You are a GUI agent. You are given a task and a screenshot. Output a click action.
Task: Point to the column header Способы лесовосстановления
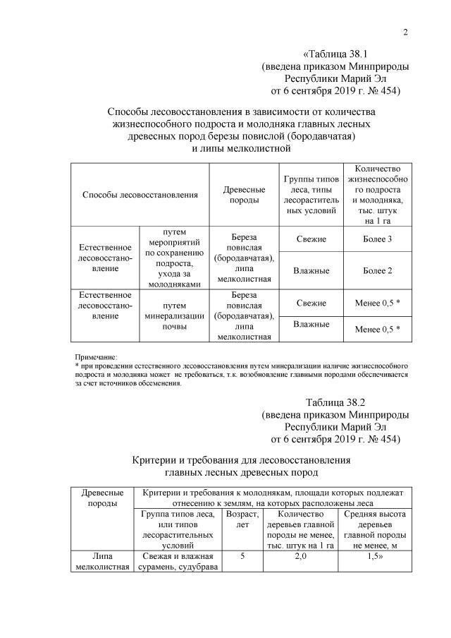(140, 194)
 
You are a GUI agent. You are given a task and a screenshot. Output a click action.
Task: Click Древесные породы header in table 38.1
(244, 194)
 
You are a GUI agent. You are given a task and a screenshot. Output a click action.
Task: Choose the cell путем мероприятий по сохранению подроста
(173, 258)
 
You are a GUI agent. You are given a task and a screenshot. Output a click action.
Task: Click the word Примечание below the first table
(96, 358)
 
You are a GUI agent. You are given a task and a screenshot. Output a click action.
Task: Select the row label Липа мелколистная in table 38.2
(103, 561)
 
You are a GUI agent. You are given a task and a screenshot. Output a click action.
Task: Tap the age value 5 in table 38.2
(242, 556)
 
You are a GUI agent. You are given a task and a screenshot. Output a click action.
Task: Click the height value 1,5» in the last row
(373, 556)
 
